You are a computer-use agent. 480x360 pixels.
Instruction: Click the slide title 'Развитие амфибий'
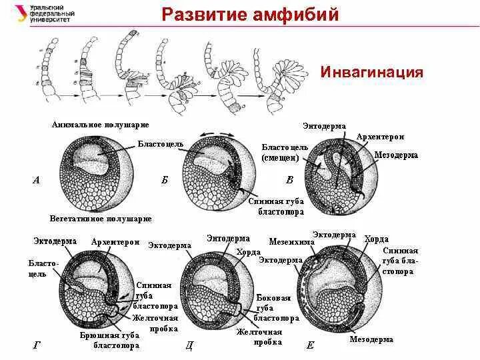251,14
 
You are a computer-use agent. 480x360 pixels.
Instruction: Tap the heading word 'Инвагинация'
372,72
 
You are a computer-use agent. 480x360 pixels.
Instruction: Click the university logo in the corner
41,13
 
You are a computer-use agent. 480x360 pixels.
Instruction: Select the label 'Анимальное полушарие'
100,125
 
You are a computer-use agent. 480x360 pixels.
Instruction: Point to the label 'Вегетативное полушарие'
101,219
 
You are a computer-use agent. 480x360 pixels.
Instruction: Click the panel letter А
36,179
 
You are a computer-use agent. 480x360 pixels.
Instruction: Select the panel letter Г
37,345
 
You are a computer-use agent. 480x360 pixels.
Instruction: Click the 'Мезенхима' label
291,242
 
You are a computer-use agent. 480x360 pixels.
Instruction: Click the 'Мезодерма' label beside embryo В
396,155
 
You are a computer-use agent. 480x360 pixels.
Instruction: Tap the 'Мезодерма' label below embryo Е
371,339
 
